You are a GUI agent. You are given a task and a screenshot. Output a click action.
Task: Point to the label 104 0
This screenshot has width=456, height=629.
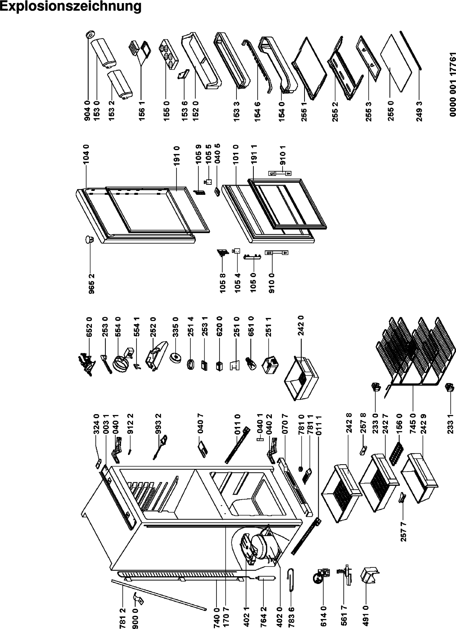click(87, 154)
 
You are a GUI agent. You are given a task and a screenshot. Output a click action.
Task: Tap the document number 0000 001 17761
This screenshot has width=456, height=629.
click(453, 85)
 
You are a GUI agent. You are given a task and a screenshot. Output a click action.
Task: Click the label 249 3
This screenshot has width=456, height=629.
click(419, 111)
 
